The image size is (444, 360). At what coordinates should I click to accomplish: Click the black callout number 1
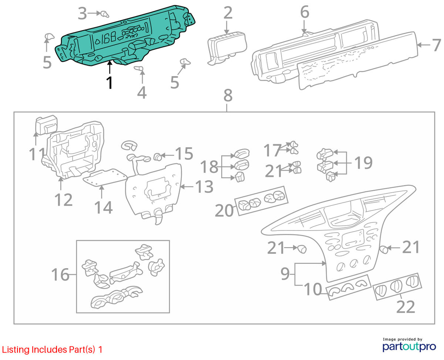click(110, 83)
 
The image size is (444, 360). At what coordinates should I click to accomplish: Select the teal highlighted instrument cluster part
click(125, 36)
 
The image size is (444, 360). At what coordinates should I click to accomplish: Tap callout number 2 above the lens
click(228, 13)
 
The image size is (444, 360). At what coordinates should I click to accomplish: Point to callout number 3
click(82, 14)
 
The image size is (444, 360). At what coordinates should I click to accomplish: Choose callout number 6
click(305, 12)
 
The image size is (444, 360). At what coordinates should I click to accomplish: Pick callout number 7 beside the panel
click(436, 45)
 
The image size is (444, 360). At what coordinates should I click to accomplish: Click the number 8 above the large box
click(228, 95)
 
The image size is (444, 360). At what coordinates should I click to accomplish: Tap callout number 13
click(204, 186)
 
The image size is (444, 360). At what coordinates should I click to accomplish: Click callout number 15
click(184, 154)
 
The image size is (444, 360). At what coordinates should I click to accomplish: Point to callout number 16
click(60, 274)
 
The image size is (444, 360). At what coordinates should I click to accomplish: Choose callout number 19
click(364, 162)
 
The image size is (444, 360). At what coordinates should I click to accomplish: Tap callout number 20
click(224, 210)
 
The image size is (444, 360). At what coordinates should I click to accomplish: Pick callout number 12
click(63, 200)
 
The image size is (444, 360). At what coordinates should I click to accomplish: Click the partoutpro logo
click(409, 346)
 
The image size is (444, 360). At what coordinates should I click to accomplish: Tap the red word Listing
click(16, 350)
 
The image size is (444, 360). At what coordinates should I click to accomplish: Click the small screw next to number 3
click(105, 14)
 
